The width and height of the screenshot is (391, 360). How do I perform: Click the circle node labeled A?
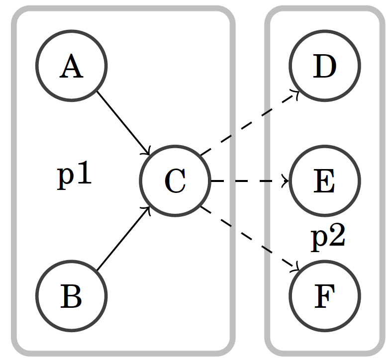(x=71, y=66)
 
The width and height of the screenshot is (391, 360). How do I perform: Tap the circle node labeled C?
(x=175, y=181)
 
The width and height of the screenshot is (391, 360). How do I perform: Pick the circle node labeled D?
(x=324, y=66)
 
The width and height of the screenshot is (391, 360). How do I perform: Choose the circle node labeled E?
(x=324, y=181)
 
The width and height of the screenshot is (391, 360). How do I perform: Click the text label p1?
(x=75, y=175)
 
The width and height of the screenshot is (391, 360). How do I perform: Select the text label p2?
(x=328, y=238)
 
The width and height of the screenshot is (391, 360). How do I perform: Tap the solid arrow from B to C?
(x=123, y=239)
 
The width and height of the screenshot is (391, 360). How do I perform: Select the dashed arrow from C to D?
(x=249, y=123)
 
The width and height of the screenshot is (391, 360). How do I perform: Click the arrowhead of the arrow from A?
(x=148, y=152)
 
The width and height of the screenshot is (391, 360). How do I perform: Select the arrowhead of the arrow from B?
(x=148, y=209)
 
